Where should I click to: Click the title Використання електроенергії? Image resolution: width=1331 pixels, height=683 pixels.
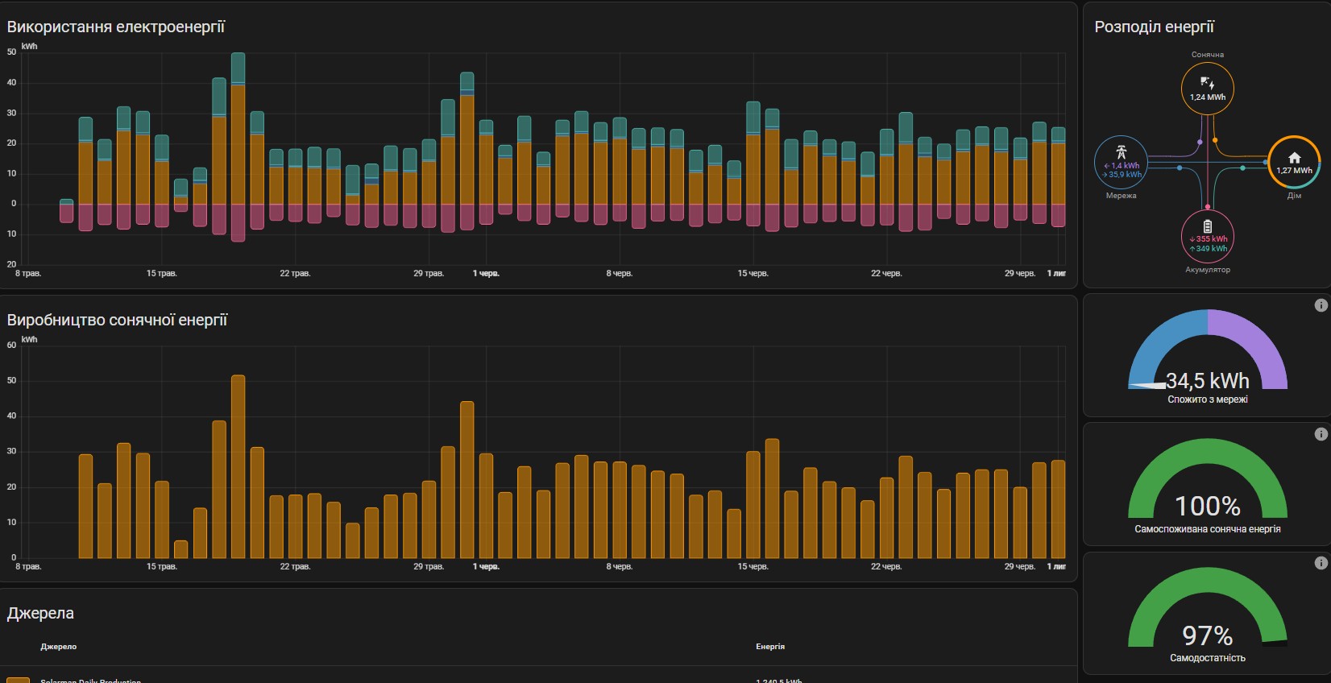[x=116, y=27]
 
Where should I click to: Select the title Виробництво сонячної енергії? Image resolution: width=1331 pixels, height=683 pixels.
[x=117, y=320]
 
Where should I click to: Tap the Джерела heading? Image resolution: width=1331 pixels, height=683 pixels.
[x=40, y=613]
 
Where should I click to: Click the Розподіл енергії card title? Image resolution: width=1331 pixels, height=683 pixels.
[x=1154, y=27]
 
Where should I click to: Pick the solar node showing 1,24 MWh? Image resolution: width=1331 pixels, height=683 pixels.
[x=1207, y=88]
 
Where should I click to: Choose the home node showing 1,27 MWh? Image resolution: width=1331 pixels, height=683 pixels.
[x=1294, y=162]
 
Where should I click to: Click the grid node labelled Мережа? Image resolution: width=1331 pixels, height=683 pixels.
[x=1122, y=163]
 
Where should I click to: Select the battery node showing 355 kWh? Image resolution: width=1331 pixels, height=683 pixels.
[x=1207, y=236]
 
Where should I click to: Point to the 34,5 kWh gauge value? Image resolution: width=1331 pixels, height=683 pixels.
[x=1207, y=380]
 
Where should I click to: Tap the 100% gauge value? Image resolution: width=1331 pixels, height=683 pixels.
[x=1207, y=506]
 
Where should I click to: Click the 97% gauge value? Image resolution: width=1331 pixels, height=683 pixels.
[x=1207, y=635]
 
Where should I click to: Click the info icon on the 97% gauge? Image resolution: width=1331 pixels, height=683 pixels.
[x=1321, y=563]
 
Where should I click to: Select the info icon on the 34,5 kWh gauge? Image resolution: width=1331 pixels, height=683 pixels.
[x=1321, y=305]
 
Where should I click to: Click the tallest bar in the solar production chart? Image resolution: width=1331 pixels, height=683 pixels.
[x=238, y=467]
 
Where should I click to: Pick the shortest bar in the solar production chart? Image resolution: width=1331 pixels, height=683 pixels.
[x=180, y=549]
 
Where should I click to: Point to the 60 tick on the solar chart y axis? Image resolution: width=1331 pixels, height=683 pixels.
[x=11, y=345]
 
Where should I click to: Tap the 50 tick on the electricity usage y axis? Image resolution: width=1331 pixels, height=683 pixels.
[x=11, y=52]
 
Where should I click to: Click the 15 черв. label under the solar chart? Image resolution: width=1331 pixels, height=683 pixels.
[x=753, y=566]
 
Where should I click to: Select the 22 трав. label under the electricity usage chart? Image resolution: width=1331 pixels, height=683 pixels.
[x=295, y=273]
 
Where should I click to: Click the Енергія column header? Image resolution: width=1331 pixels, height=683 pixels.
[x=769, y=646]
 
